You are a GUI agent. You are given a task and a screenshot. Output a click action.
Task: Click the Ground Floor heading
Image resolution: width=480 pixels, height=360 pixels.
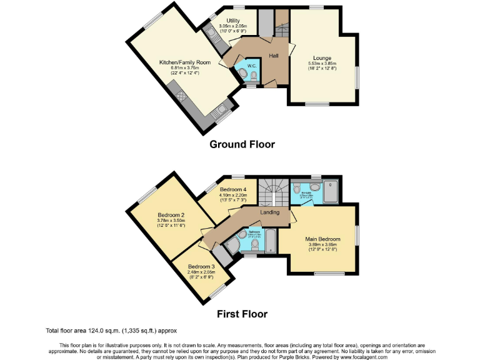coord(242,144)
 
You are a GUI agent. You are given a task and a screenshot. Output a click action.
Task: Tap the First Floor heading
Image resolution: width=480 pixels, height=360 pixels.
coord(242,314)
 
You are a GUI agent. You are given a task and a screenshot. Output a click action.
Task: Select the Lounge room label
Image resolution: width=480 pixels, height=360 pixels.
coord(322,58)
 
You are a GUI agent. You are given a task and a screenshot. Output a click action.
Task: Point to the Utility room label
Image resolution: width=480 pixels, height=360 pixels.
coord(233,21)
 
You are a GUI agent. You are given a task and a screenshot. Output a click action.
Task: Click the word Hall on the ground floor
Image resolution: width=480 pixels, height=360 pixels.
coord(274,56)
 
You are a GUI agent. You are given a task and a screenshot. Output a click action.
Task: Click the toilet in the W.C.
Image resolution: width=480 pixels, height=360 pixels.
coord(252,76)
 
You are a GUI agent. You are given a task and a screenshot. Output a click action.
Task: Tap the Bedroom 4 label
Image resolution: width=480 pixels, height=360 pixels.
coord(232,189)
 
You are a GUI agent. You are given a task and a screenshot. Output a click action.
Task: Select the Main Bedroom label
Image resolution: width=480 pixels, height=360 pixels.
coord(322,239)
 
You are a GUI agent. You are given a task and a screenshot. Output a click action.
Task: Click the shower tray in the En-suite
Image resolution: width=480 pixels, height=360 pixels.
coord(330,191)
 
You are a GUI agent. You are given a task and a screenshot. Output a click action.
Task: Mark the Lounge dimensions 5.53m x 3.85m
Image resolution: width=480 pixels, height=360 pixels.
coord(322,64)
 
